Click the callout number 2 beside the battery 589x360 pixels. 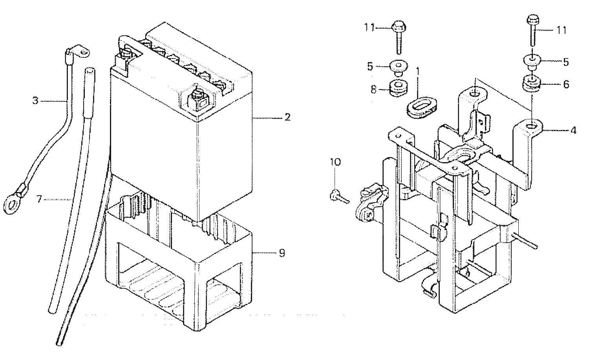click(x=287, y=117)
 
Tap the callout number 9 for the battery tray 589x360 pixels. click(x=282, y=253)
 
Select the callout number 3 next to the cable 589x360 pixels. click(x=35, y=101)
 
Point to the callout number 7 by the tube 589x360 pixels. click(x=39, y=199)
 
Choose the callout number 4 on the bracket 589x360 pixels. click(x=573, y=130)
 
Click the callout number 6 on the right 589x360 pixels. click(x=565, y=84)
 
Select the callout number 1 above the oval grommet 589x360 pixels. click(x=417, y=72)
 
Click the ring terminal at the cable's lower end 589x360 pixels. click(x=13, y=203)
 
